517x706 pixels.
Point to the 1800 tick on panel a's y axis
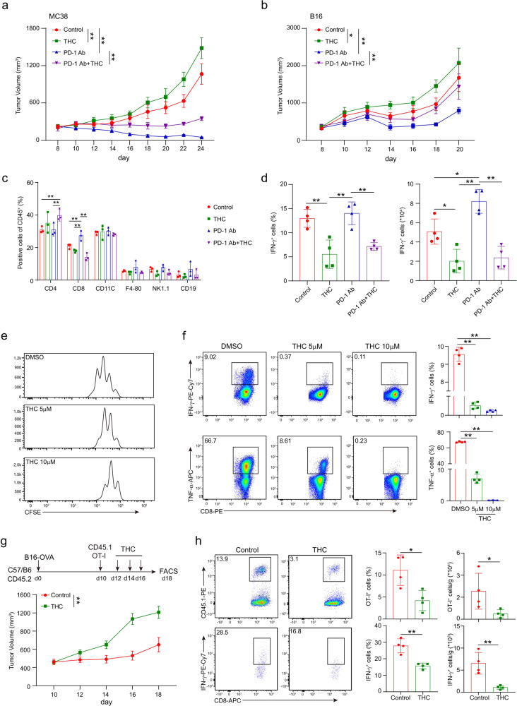tap(30, 28)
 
